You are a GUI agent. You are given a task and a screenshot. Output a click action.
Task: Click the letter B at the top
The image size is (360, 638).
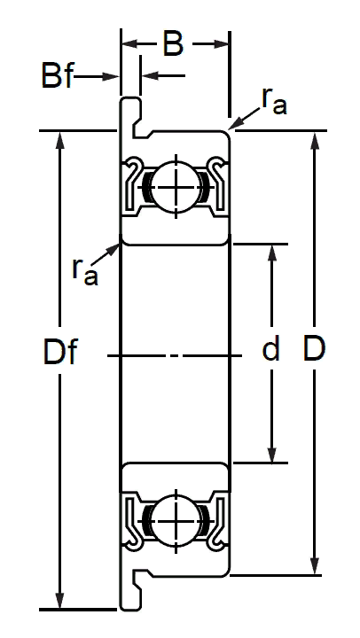[x=173, y=43]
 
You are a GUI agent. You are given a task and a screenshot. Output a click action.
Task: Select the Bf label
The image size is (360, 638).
[x=57, y=75]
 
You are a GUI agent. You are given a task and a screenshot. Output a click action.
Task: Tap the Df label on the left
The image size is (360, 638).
[x=60, y=352]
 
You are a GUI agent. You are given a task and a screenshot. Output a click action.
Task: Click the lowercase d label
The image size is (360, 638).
[x=270, y=349]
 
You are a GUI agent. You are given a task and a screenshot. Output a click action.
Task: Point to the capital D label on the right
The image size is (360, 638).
[x=314, y=349]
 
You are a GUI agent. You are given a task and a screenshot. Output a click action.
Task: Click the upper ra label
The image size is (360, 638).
[x=274, y=101]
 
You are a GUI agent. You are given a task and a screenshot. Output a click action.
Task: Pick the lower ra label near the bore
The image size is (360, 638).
[x=85, y=271]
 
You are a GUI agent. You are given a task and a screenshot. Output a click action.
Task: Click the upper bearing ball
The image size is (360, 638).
[x=176, y=187]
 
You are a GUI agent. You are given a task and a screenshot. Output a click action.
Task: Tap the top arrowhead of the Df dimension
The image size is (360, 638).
[x=60, y=140]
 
